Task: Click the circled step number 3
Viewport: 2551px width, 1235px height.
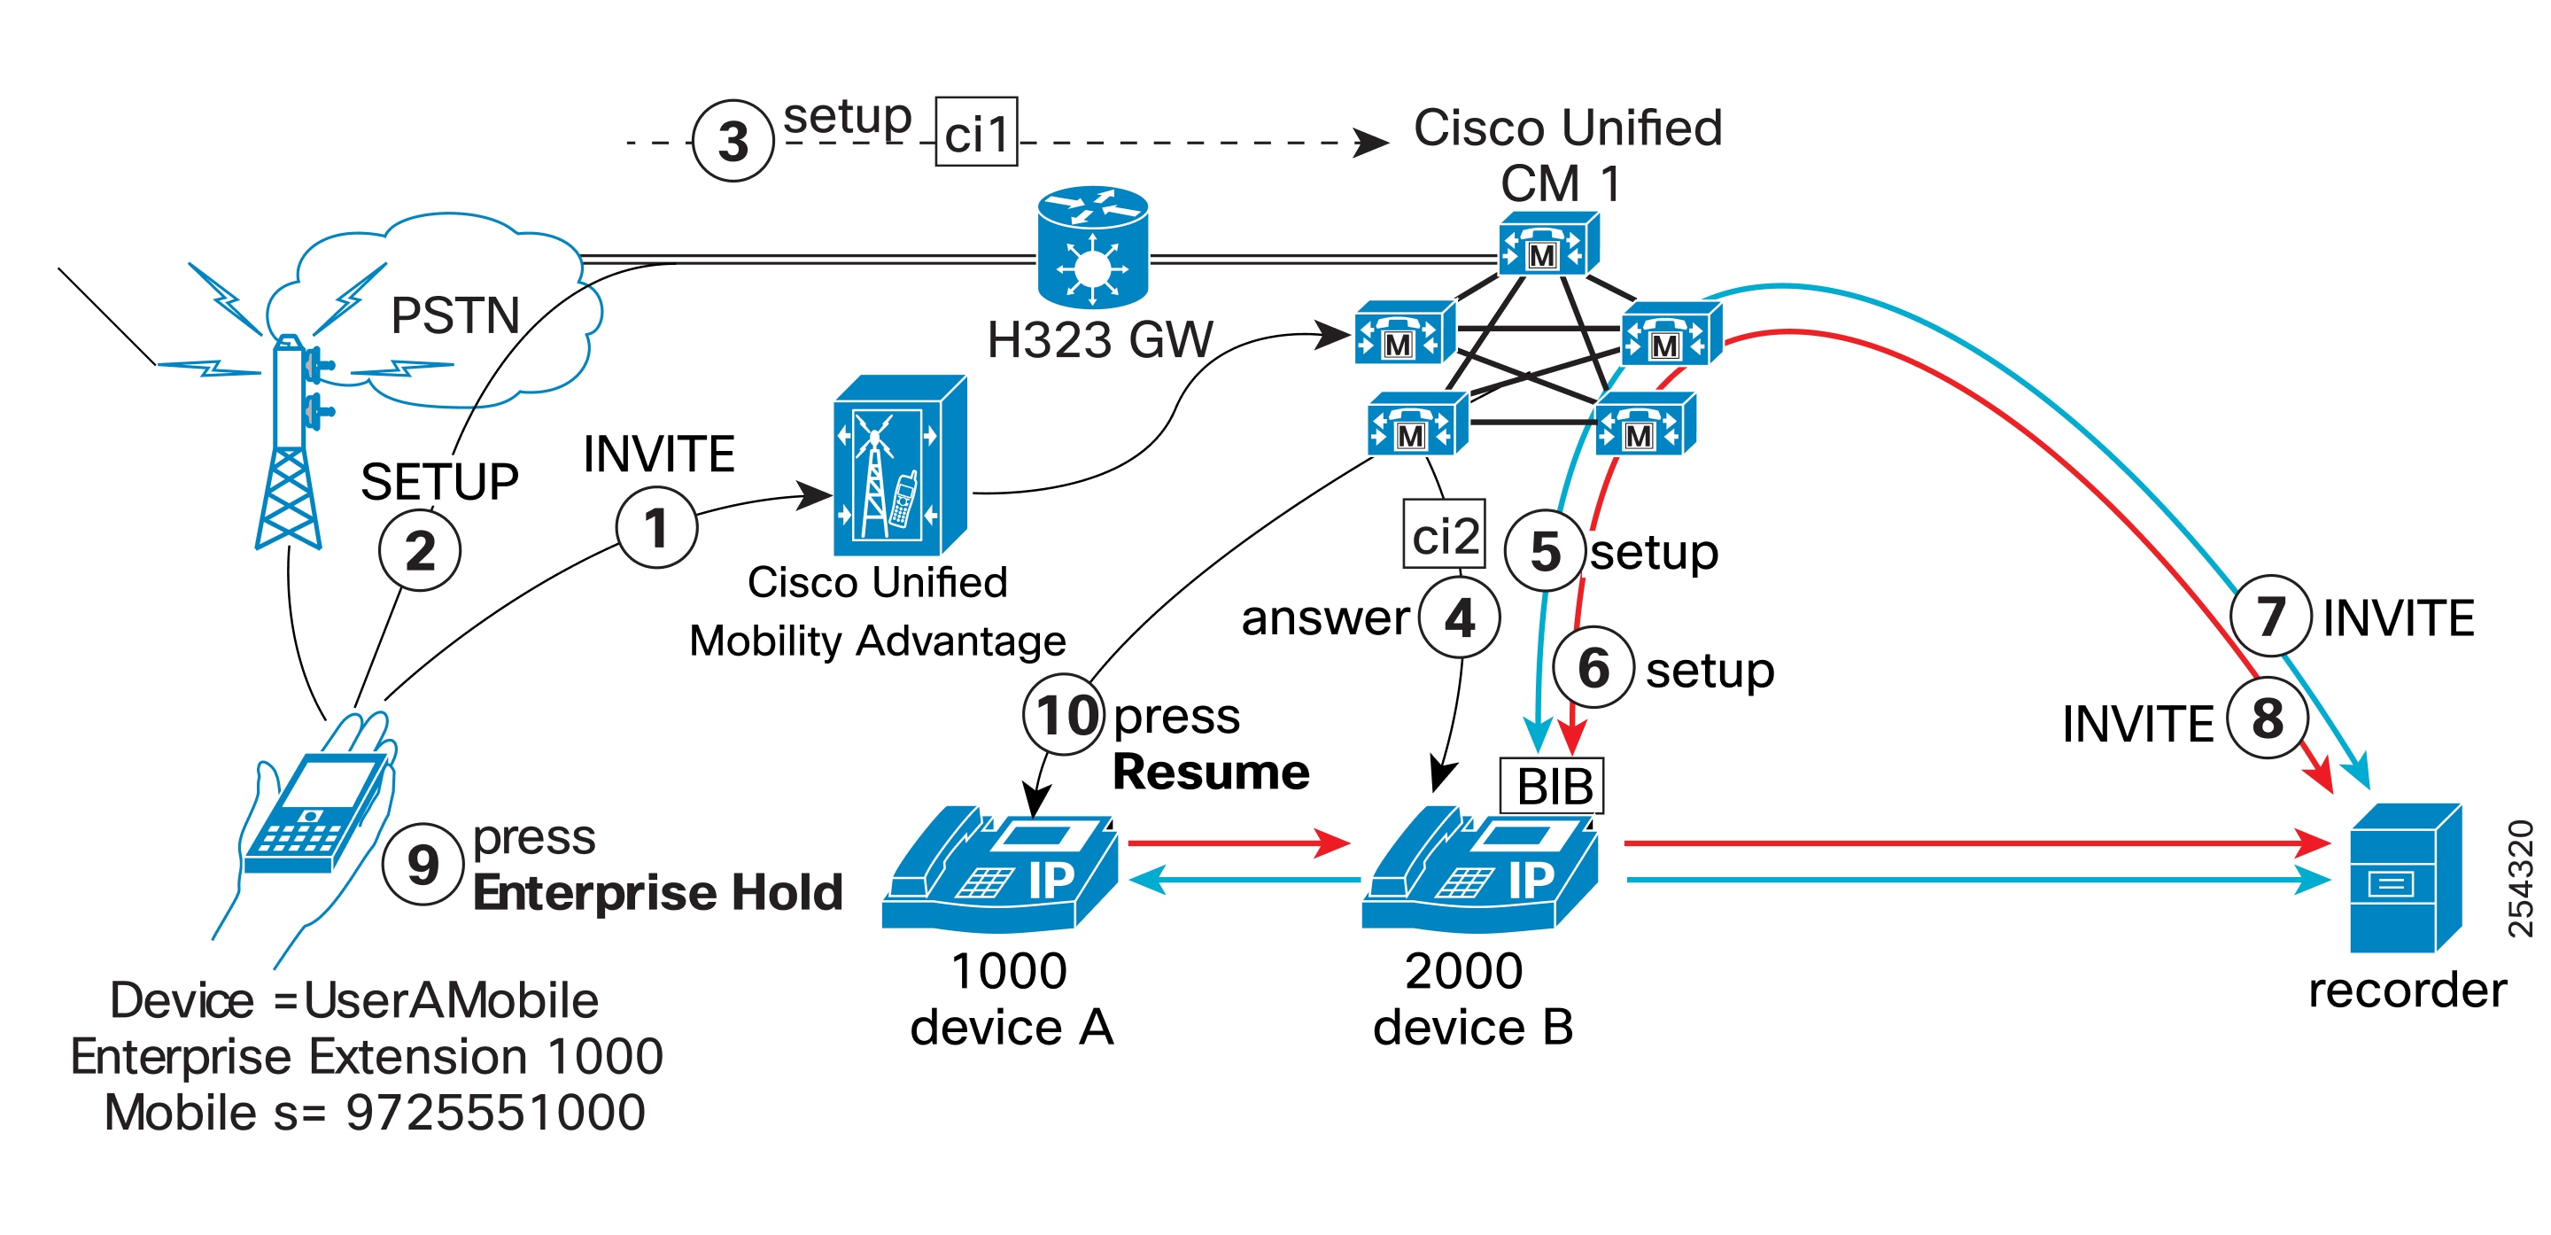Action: pyautogui.click(x=733, y=141)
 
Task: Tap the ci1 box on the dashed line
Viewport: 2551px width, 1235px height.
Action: pyautogui.click(x=976, y=133)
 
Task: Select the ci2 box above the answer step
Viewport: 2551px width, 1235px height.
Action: pyautogui.click(x=1444, y=534)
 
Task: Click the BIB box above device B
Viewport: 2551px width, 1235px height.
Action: pyautogui.click(x=1552, y=788)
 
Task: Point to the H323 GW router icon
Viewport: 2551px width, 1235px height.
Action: pyautogui.click(x=1092, y=246)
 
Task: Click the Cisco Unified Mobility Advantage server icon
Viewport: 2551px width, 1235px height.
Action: pyautogui.click(x=899, y=465)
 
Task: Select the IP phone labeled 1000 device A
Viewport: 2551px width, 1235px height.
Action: pyautogui.click(x=1000, y=870)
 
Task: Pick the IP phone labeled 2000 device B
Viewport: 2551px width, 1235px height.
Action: pyautogui.click(x=1479, y=870)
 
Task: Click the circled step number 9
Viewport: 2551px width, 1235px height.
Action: pyautogui.click(x=423, y=864)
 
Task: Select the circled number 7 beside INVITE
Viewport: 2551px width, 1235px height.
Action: pyautogui.click(x=2271, y=616)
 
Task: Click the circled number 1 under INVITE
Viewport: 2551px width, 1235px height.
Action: pyautogui.click(x=656, y=527)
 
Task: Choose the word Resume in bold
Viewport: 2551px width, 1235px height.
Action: pyautogui.click(x=1210, y=772)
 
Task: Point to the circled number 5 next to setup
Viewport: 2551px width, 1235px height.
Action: pyautogui.click(x=1546, y=551)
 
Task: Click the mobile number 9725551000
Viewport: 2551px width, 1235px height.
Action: pyautogui.click(x=495, y=1112)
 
